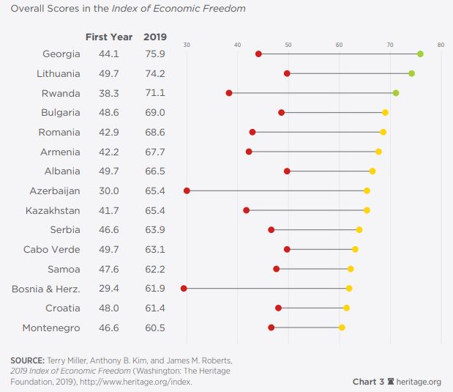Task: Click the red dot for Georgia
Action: click(x=258, y=53)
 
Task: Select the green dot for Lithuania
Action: click(x=411, y=73)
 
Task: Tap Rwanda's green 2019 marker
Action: click(x=396, y=93)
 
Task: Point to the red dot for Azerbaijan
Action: click(x=187, y=191)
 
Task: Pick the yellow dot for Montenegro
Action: click(x=342, y=328)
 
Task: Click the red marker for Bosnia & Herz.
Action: click(x=184, y=289)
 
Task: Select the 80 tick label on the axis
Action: click(x=441, y=45)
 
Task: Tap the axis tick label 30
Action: click(x=187, y=45)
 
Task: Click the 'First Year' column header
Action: click(x=108, y=37)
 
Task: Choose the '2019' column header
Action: click(x=155, y=37)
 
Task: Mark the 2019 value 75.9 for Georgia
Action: click(x=154, y=53)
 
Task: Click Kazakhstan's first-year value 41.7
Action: click(x=110, y=210)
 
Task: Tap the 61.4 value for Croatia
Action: click(x=154, y=308)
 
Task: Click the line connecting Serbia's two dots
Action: click(x=315, y=230)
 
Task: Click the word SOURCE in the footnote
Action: click(x=27, y=360)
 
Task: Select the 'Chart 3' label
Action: click(x=368, y=382)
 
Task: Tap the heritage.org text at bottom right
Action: click(x=419, y=382)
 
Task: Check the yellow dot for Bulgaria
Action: click(x=385, y=113)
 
